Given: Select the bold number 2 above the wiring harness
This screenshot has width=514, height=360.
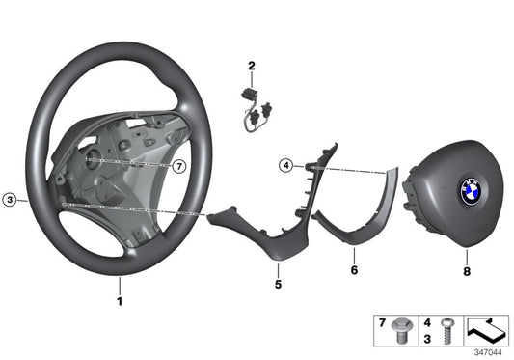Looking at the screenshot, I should click(251, 66).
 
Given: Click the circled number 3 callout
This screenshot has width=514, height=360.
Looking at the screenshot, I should click(10, 201).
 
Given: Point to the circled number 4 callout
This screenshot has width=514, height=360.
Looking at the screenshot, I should click(286, 166).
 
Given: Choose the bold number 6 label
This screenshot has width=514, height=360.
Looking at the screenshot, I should click(353, 271).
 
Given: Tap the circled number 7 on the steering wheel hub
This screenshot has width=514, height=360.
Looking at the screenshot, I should click(179, 166).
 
